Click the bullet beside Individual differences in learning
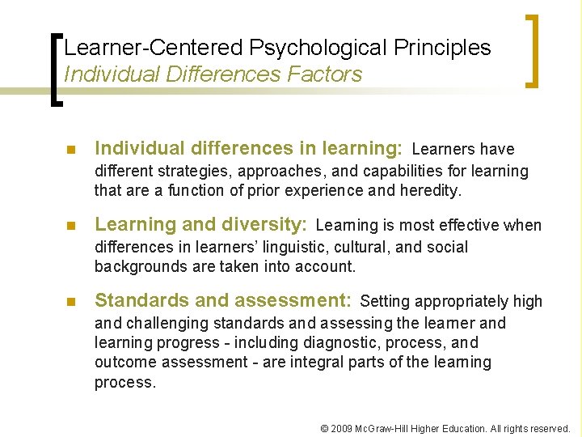tap(70, 150)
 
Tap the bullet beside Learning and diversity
tap(70, 226)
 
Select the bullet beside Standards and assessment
tap(70, 302)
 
